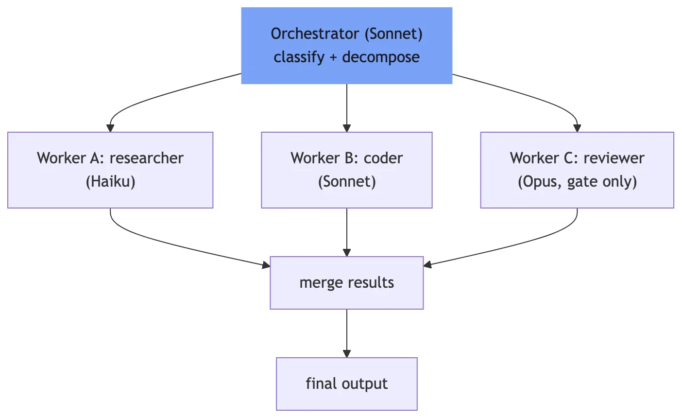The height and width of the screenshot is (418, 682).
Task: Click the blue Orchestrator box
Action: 346,46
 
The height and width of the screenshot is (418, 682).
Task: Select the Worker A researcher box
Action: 110,170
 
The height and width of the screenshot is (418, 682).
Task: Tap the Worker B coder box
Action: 346,170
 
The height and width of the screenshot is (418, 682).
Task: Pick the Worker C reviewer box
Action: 577,170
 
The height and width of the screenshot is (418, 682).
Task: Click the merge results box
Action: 346,283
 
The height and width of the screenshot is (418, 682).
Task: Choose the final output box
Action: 346,384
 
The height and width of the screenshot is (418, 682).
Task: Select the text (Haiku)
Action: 111,182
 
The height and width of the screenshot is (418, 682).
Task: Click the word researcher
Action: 146,158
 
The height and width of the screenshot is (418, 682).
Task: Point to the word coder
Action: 383,158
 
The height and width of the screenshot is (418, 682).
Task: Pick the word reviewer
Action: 614,158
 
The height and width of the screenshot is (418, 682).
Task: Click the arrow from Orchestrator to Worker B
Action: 347,108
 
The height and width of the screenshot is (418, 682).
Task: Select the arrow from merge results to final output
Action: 347,333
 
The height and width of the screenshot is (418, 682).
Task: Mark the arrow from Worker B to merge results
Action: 347,232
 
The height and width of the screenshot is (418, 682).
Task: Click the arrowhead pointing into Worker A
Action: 110,128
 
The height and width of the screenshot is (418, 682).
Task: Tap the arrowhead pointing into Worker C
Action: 577,128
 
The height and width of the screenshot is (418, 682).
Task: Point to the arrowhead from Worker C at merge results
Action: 427,264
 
